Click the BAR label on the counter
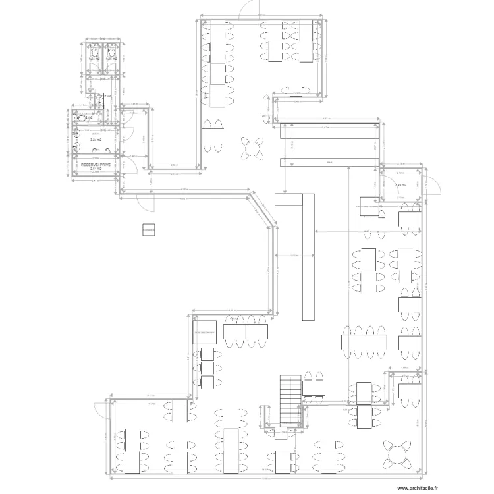(x=329, y=162)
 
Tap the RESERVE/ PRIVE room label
(x=95, y=163)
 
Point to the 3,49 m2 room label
(x=401, y=185)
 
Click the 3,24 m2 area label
(x=96, y=140)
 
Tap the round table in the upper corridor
(x=251, y=147)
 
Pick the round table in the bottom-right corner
(x=398, y=454)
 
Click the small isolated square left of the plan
(x=148, y=229)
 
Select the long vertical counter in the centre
(x=308, y=257)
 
